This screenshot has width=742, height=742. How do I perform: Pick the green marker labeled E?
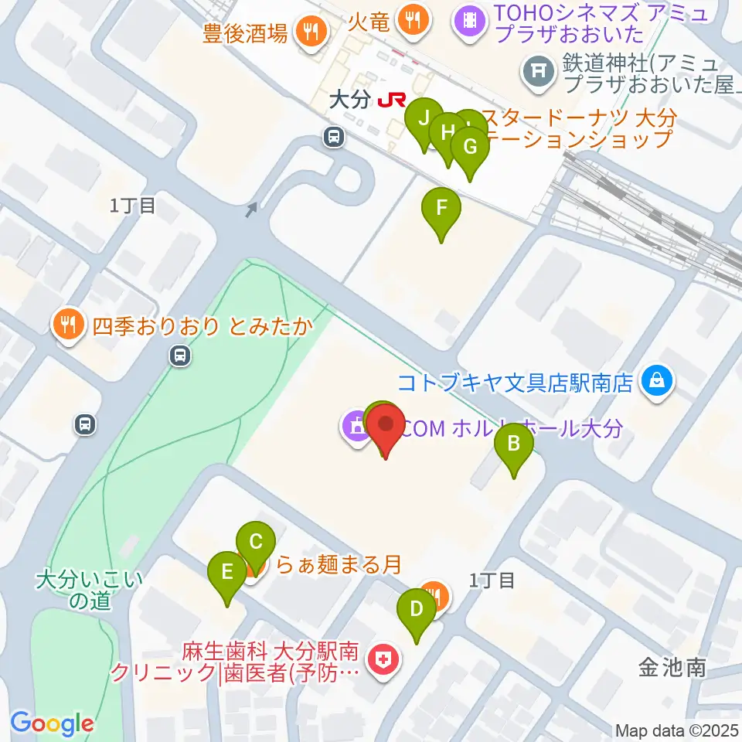tap(227, 572)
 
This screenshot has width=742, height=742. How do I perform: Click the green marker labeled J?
tap(424, 119)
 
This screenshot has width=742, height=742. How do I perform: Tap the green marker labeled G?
tap(469, 146)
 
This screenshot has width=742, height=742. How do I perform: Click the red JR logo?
tap(392, 100)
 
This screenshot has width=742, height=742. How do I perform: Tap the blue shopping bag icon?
tap(656, 381)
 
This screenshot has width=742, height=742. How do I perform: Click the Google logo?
tap(52, 724)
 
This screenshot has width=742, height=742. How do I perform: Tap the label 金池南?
tap(672, 667)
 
